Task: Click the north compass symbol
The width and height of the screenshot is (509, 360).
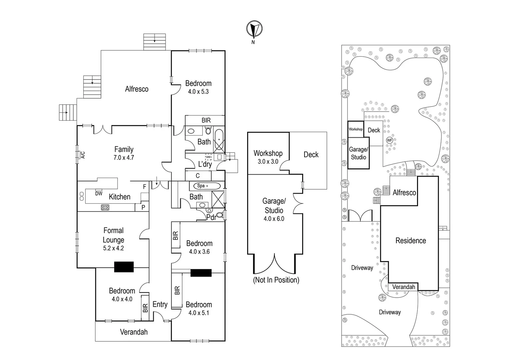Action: (x=254, y=30)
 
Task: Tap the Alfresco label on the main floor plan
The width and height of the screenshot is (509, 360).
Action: (x=137, y=89)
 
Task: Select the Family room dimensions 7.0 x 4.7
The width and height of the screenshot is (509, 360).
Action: (x=124, y=158)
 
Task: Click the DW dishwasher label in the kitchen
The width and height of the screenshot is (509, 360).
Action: (x=99, y=193)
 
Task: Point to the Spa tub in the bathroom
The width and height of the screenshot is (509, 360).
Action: (x=205, y=186)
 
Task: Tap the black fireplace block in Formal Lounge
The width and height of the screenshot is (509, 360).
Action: (x=124, y=267)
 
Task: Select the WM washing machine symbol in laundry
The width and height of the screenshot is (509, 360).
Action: (x=208, y=157)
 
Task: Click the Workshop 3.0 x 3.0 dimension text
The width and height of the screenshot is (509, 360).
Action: (x=268, y=162)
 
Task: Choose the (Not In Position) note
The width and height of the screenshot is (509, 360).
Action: (x=276, y=280)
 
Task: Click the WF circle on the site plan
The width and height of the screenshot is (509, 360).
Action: (x=389, y=140)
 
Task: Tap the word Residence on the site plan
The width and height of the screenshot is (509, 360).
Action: (x=410, y=241)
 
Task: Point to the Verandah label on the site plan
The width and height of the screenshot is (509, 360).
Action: (x=403, y=287)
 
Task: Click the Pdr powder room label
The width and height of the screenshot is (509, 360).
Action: (x=211, y=217)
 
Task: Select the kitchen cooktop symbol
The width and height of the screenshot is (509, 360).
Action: (x=105, y=207)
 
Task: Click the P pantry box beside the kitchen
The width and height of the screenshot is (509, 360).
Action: (x=143, y=207)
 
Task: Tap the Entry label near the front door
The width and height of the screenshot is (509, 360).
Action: (x=160, y=304)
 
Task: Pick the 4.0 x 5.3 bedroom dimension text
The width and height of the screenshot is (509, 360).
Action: (x=198, y=92)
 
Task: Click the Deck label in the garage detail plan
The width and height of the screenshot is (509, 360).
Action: (x=311, y=155)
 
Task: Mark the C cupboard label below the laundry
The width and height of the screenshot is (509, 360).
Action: (x=198, y=176)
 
